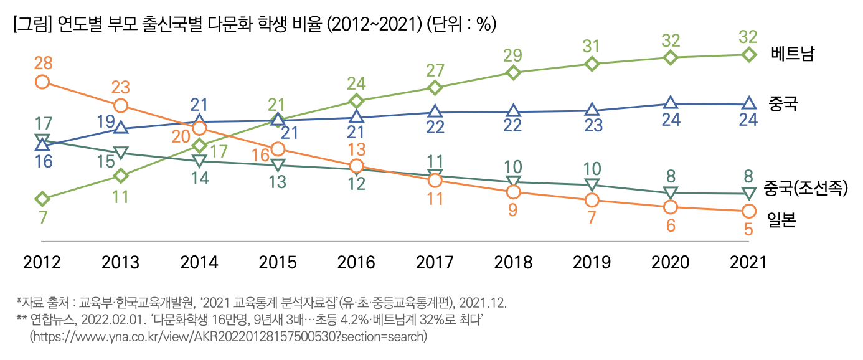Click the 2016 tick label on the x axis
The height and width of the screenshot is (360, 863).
356,262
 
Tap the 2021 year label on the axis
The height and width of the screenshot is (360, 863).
748,262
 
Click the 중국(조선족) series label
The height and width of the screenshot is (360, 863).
806,189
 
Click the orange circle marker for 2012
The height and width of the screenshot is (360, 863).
42,81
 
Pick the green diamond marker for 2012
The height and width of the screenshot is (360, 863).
42,199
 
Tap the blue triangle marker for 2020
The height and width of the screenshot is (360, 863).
670,103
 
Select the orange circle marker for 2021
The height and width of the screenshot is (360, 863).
748,211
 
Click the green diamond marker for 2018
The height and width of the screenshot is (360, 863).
513,73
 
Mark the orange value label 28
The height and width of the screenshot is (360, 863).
42,63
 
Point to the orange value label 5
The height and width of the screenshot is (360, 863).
748,229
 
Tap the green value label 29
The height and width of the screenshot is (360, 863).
513,54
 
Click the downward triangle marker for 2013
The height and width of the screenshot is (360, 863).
121,153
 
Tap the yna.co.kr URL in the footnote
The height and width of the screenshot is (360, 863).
229,336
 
